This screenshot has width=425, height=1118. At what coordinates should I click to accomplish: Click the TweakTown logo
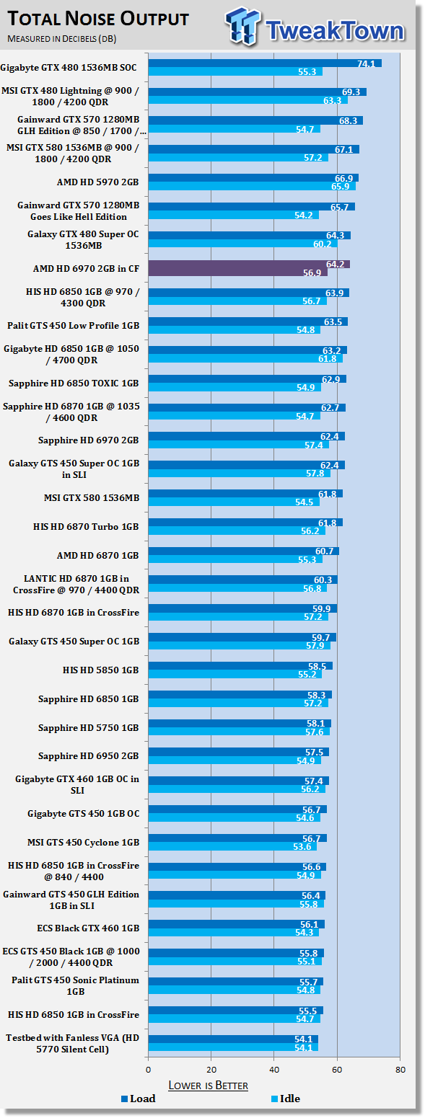(x=315, y=27)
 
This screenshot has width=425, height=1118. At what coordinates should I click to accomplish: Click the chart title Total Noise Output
(x=98, y=19)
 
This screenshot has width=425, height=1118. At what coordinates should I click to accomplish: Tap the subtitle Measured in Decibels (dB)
(x=62, y=39)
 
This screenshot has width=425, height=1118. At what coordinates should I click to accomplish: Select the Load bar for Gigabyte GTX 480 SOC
(x=266, y=63)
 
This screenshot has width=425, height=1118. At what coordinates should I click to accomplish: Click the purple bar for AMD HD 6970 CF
(x=249, y=268)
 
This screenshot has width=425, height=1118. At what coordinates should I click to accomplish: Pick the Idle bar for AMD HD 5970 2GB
(x=253, y=186)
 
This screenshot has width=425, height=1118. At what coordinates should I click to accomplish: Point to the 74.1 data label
(x=366, y=64)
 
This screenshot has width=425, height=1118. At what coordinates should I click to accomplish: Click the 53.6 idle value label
(x=302, y=846)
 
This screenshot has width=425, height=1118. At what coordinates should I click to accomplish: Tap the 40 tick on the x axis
(x=274, y=1070)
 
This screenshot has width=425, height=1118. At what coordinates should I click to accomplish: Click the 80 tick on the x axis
(x=400, y=1070)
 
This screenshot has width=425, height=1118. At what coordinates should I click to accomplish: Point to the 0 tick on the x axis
(x=149, y=1070)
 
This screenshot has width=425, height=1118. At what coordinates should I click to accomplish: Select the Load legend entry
(x=139, y=1099)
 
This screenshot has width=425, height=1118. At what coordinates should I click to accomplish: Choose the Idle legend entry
(x=286, y=1099)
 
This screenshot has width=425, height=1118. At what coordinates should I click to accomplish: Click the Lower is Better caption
(x=209, y=1086)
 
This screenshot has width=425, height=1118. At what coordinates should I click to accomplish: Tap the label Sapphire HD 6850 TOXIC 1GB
(x=74, y=383)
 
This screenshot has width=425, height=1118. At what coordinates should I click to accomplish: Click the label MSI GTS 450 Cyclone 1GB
(x=84, y=843)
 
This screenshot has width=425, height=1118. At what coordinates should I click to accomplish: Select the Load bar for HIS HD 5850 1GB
(x=240, y=666)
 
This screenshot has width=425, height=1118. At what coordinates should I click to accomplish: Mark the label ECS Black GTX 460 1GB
(x=88, y=928)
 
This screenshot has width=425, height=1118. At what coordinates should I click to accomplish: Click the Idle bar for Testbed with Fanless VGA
(x=233, y=1047)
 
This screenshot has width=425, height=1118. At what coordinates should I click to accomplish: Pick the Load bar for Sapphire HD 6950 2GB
(x=239, y=752)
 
